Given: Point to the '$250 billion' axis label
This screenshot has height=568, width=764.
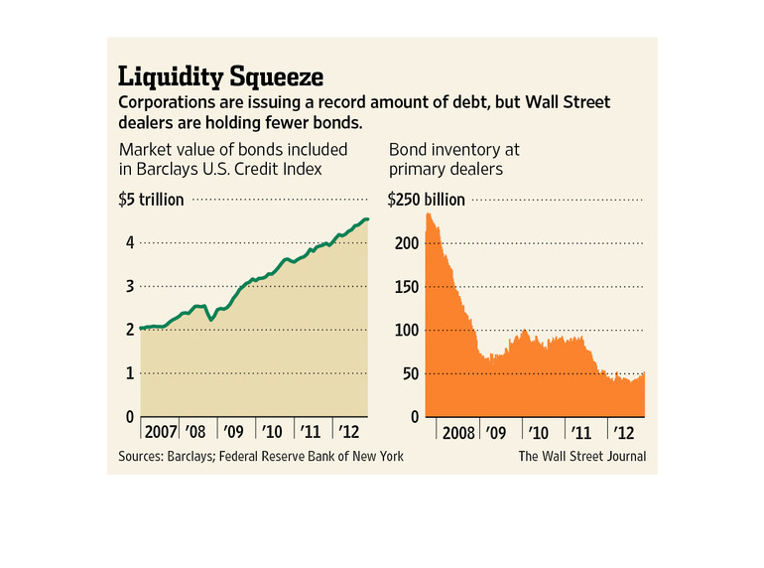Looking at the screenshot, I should [427, 200].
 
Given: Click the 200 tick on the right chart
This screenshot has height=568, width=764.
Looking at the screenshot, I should [401, 243].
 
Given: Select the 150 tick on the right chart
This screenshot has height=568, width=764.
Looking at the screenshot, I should [401, 287].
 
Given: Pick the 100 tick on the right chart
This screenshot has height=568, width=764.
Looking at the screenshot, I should [401, 331].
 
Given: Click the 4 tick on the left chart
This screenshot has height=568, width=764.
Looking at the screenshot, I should [129, 243].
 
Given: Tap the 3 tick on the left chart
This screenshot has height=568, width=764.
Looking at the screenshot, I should [129, 287].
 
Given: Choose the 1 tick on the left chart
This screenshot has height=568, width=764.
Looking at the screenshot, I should [129, 374].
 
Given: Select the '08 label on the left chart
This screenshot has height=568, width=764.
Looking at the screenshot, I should [197, 433].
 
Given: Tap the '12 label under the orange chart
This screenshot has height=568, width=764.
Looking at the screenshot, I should [622, 433].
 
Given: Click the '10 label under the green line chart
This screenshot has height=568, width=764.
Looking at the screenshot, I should [272, 433].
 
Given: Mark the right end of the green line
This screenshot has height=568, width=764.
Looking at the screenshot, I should [368, 219].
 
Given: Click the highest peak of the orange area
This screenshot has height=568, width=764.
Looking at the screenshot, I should [429, 214].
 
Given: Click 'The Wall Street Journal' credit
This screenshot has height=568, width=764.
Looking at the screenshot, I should [581, 456].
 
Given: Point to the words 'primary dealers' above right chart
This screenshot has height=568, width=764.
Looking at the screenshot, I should [446, 169].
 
